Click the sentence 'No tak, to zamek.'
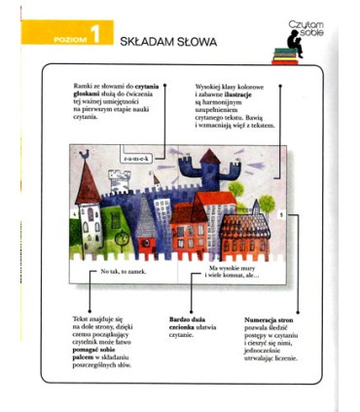click(123, 271)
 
